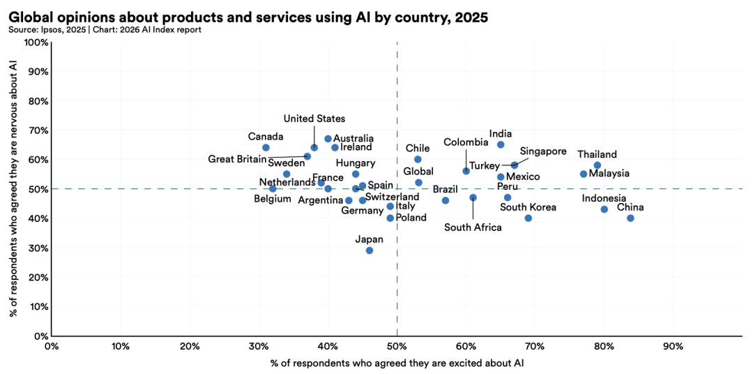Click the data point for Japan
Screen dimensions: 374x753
(x=370, y=250)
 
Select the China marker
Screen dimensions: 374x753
(x=630, y=218)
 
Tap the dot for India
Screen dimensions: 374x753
(x=501, y=144)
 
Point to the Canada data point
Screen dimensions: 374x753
(x=266, y=147)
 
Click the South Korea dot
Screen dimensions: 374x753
(x=528, y=218)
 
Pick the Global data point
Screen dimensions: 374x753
(x=418, y=183)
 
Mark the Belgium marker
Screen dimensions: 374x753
(x=273, y=189)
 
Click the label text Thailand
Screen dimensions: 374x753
(x=597, y=154)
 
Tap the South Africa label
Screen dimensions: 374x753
(x=473, y=227)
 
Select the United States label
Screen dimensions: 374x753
(x=314, y=119)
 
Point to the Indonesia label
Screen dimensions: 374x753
(x=604, y=198)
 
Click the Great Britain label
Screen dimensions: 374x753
(x=237, y=159)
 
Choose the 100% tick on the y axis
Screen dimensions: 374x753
(x=36, y=43)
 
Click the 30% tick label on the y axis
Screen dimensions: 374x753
(x=38, y=248)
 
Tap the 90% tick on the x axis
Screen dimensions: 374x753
(x=673, y=346)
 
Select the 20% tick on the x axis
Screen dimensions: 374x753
(x=190, y=346)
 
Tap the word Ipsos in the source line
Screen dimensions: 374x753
(x=47, y=30)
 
